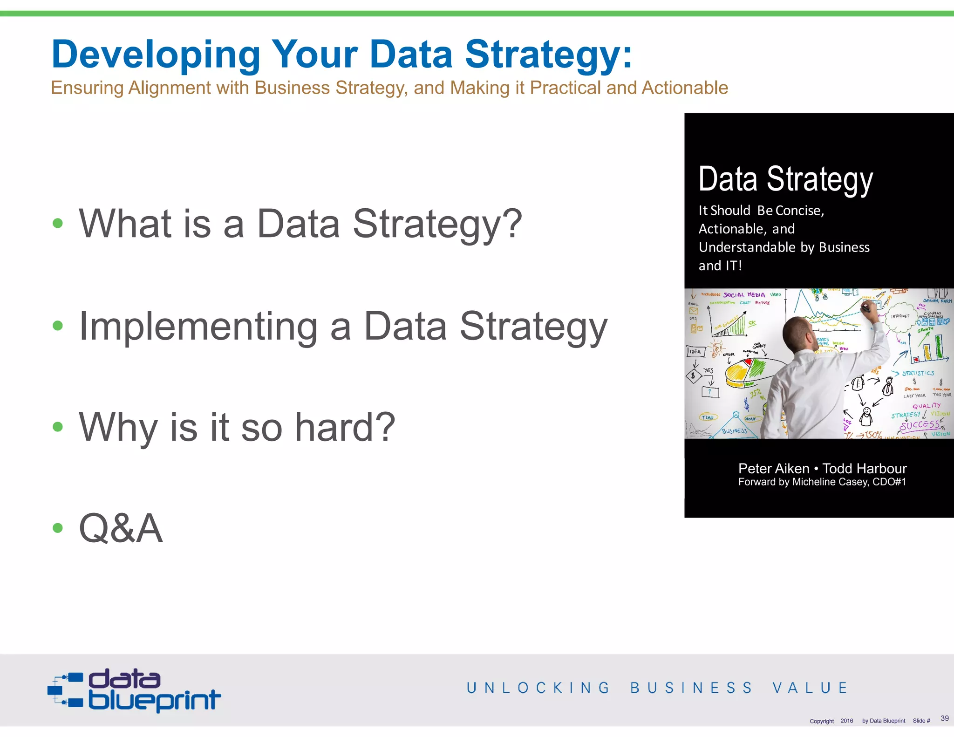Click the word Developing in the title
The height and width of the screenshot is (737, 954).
click(156, 55)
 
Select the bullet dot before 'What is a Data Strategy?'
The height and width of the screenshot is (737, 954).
click(58, 223)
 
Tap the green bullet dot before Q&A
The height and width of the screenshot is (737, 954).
click(58, 528)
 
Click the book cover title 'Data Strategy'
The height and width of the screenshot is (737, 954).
click(785, 179)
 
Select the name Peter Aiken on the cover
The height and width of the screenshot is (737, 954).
click(774, 469)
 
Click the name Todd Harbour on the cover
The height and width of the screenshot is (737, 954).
click(865, 469)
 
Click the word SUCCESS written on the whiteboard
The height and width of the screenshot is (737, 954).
click(919, 425)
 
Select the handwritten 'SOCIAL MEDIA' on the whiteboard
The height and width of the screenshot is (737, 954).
click(744, 295)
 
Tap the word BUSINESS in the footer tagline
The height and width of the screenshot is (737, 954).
click(691, 688)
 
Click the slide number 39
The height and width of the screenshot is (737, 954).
click(944, 718)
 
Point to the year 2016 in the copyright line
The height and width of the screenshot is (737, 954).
click(846, 721)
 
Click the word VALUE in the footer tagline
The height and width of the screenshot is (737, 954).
click(810, 688)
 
